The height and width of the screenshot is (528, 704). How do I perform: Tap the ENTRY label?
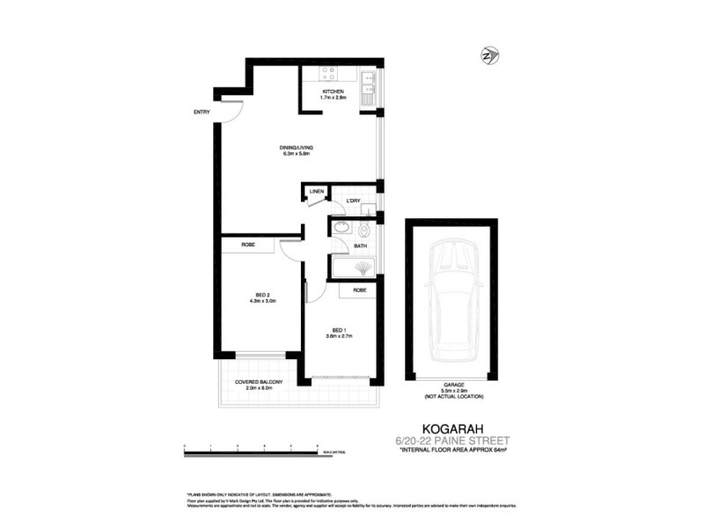point(202,112)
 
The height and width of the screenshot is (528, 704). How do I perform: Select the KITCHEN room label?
point(333,92)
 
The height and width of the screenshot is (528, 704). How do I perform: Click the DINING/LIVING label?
point(297,147)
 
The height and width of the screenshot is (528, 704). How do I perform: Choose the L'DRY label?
point(354,202)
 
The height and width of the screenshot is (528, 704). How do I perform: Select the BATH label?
point(360,246)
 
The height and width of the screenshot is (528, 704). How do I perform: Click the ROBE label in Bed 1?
point(359,290)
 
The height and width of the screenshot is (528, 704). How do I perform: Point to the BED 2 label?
point(262,295)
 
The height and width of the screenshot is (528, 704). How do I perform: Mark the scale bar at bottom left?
point(251,451)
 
